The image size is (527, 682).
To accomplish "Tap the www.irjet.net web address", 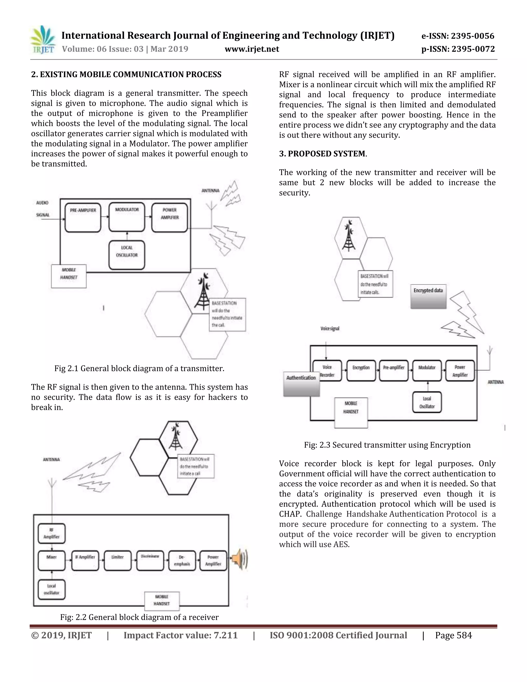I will pyautogui.click(x=252, y=49).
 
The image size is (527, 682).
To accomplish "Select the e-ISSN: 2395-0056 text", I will pyautogui.click(x=458, y=36).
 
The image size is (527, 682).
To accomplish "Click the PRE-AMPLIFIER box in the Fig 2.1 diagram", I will pyautogui.click(x=83, y=218).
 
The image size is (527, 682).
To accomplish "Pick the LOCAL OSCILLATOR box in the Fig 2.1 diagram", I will pyautogui.click(x=127, y=255).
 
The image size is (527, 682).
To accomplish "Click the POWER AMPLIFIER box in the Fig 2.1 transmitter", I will pyautogui.click(x=170, y=218).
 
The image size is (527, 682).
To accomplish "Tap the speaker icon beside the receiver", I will pyautogui.click(x=240, y=559).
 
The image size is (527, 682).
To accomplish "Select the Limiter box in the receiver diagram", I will pyautogui.click(x=117, y=561).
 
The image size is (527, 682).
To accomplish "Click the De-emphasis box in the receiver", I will pyautogui.click(x=182, y=561).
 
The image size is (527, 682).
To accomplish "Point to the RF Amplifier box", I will pyautogui.click(x=51, y=533).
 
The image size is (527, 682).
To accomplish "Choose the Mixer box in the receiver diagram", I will pyautogui.click(x=51, y=561).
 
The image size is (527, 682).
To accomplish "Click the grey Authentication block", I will pyautogui.click(x=301, y=384).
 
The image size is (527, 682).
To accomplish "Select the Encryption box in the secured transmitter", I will pyautogui.click(x=361, y=370).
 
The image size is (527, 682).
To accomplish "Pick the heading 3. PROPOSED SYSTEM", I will pyautogui.click(x=322, y=154).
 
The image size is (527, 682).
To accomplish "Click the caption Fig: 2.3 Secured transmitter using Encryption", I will pyautogui.click(x=387, y=445).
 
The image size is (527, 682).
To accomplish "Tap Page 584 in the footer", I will pyautogui.click(x=453, y=635).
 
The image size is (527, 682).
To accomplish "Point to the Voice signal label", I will pyautogui.click(x=330, y=328).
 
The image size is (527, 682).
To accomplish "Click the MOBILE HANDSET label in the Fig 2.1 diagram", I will pyautogui.click(x=69, y=274).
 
